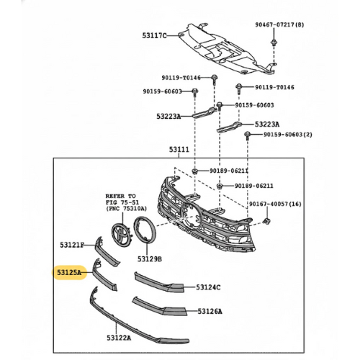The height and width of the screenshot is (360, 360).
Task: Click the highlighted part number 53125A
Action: (69, 273)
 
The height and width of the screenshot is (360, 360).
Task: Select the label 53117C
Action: (154, 36)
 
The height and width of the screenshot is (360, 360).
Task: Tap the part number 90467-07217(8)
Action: (279, 24)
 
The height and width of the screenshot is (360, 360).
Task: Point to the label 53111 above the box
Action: (179, 150)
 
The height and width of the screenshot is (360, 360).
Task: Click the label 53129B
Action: (150, 259)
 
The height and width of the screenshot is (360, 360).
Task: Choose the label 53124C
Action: (208, 287)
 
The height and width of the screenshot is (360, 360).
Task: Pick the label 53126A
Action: (210, 312)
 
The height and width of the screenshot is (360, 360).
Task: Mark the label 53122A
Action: (119, 338)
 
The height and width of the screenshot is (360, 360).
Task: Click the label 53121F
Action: (72, 245)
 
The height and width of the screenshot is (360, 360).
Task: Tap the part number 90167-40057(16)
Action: (275, 204)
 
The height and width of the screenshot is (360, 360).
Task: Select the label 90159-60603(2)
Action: (288, 135)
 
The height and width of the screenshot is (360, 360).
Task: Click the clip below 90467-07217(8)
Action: (274, 43)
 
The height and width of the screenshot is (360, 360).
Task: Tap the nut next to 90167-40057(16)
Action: (266, 221)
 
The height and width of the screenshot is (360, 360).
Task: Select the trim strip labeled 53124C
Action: (158, 283)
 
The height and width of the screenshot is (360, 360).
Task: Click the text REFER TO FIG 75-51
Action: (122, 199)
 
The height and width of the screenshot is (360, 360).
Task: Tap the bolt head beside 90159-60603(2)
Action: (247, 134)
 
